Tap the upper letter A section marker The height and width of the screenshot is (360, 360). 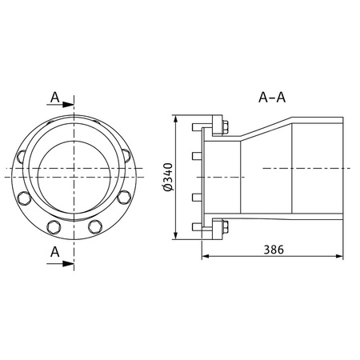(x=54, y=97)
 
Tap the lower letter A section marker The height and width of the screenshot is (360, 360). (x=54, y=251)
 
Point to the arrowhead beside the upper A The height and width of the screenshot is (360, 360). (x=70, y=103)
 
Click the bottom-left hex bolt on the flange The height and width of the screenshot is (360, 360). (x=54, y=226)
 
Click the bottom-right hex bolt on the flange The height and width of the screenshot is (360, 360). (x=96, y=226)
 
